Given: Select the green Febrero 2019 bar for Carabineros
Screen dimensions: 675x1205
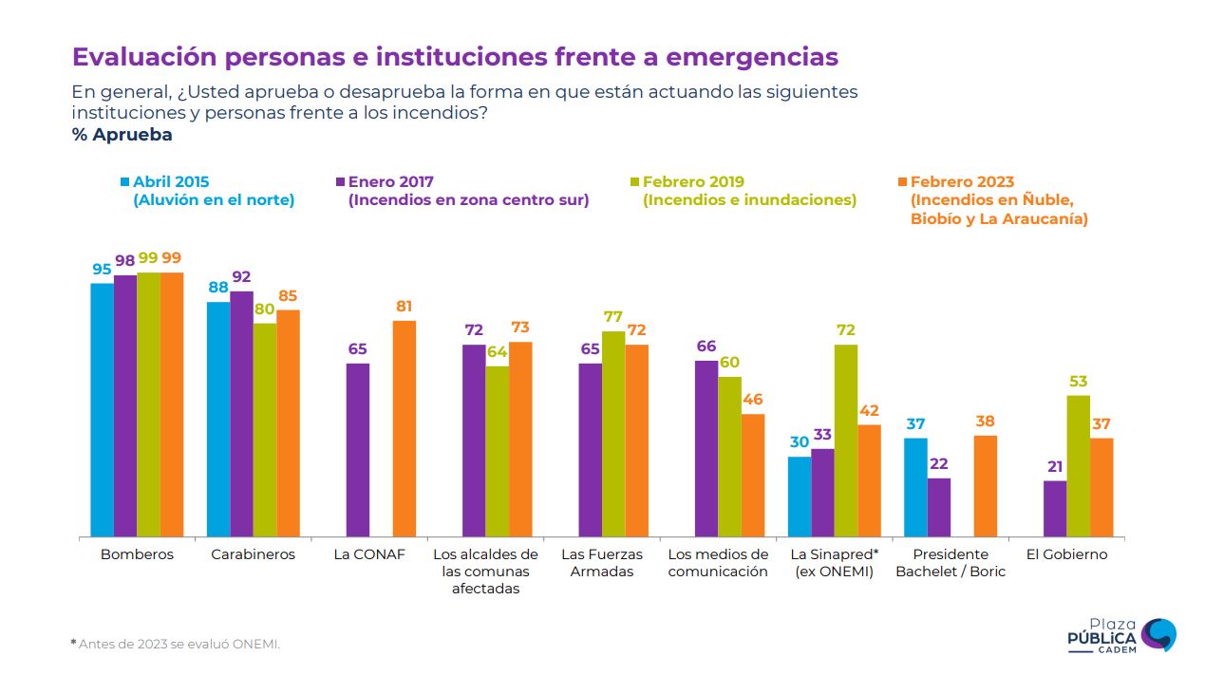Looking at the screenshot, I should pyautogui.click(x=264, y=430).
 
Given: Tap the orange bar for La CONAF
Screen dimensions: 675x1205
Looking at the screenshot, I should pyautogui.click(x=404, y=429).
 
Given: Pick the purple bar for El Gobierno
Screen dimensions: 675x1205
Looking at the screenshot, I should pyautogui.click(x=1054, y=509).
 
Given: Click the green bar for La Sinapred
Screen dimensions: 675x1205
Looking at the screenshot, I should pyautogui.click(x=845, y=441).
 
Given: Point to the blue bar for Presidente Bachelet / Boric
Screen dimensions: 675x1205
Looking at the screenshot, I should pyautogui.click(x=915, y=487).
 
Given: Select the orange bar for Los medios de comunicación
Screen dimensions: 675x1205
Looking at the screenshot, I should pyautogui.click(x=753, y=476).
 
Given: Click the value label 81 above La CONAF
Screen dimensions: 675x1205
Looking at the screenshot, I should pyautogui.click(x=404, y=307).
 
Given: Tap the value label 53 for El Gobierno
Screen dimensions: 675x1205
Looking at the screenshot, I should pyautogui.click(x=1078, y=382).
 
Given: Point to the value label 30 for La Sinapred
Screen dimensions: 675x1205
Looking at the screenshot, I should pyautogui.click(x=800, y=442).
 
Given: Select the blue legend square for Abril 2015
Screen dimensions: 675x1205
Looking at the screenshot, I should pyautogui.click(x=124, y=181).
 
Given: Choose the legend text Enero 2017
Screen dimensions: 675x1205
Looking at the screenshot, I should pyautogui.click(x=390, y=181).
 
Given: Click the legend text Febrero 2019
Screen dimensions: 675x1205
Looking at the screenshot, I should pyautogui.click(x=693, y=181).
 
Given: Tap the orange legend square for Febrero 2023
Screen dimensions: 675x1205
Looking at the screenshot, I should pyautogui.click(x=902, y=181).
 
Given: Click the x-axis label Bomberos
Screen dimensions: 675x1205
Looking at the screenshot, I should pyautogui.click(x=137, y=554).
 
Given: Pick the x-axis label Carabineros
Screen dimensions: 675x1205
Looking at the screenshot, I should pyautogui.click(x=254, y=554).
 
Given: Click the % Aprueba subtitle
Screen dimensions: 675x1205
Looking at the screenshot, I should pyautogui.click(x=122, y=135).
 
